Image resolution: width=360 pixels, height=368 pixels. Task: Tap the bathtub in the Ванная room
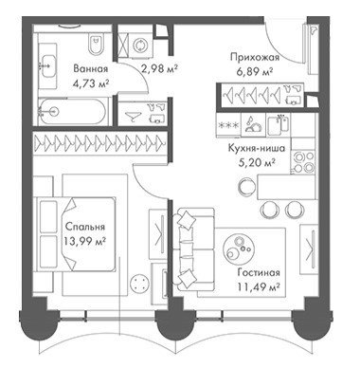pos(73,111)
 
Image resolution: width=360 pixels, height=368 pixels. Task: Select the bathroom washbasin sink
pos(47,66)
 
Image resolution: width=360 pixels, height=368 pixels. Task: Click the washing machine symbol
pos(139,46)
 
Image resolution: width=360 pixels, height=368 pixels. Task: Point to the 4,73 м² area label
pos(91,83)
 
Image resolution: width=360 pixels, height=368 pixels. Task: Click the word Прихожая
pos(255,58)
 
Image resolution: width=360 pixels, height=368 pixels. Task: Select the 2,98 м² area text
pos(160,68)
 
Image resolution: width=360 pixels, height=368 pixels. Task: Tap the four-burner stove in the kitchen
pos(303,161)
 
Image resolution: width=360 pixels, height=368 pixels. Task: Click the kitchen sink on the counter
pos(279,125)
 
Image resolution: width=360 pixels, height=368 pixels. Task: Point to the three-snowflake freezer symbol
pos(228,125)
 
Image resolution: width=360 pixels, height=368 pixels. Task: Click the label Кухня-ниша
pos(257,148)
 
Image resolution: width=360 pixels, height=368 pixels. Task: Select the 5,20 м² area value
pos(256,162)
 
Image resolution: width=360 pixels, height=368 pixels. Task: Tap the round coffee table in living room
pos(239,248)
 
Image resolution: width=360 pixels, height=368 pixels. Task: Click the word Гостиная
pos(259,272)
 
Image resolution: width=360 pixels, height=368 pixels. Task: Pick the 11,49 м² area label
pos(259,287)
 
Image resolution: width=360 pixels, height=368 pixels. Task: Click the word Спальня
pos(85,227)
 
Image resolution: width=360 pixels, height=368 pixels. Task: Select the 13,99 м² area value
pos(84,242)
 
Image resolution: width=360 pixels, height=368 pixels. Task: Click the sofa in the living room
pos(192,249)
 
